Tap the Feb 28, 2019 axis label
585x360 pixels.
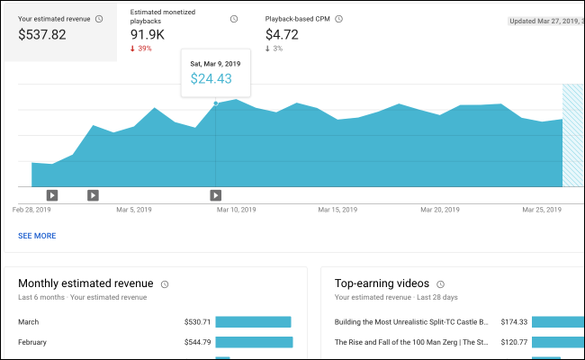pos(31,209)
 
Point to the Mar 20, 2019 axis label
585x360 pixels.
pos(440,209)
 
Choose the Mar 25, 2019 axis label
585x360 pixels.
pos(542,209)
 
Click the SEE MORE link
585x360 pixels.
pos(37,236)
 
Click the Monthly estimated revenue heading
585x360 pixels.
pos(85,283)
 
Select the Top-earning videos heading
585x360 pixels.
pos(394,283)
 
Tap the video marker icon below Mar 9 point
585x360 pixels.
pos(216,194)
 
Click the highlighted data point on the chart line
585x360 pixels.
pos(216,103)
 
